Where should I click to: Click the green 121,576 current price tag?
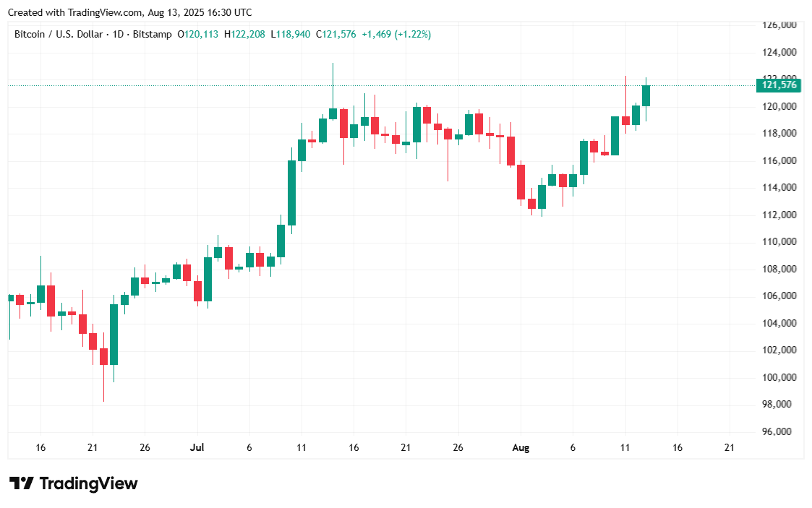[779, 86]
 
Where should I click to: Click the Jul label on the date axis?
[197, 448]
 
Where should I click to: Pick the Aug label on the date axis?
[521, 448]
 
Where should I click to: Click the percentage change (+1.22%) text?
[413, 34]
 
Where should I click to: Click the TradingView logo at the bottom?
[73, 483]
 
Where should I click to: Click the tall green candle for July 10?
[291, 192]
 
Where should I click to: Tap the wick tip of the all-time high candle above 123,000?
[333, 64]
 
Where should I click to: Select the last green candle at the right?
[646, 95]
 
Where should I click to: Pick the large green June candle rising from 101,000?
[114, 334]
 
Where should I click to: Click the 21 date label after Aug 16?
[729, 448]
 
